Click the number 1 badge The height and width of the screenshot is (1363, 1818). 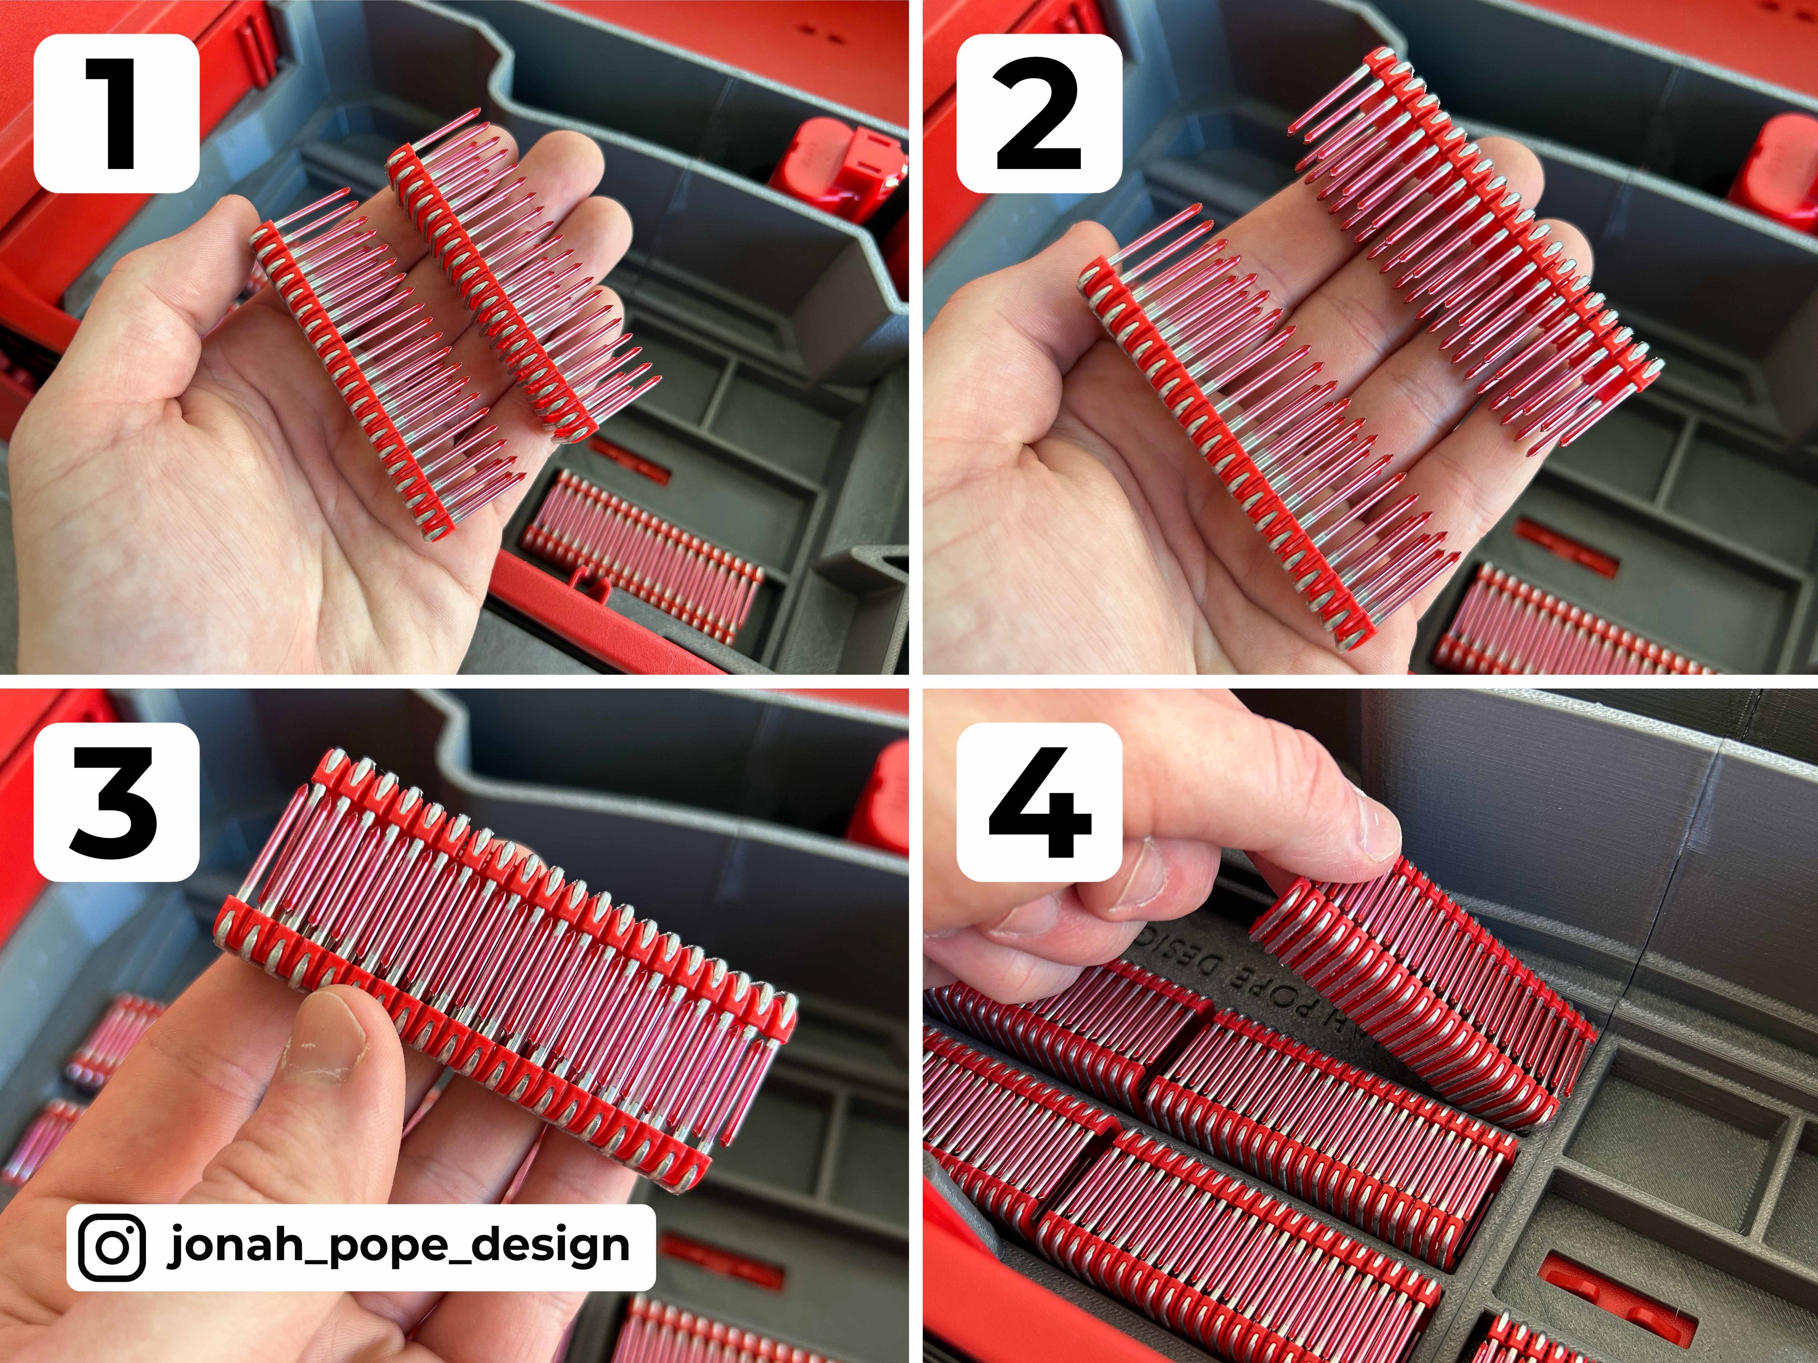click(x=116, y=114)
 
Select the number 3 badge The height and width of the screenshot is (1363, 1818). click(x=116, y=803)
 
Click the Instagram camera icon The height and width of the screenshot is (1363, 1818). click(x=113, y=1246)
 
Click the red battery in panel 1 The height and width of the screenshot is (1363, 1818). click(x=834, y=168)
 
